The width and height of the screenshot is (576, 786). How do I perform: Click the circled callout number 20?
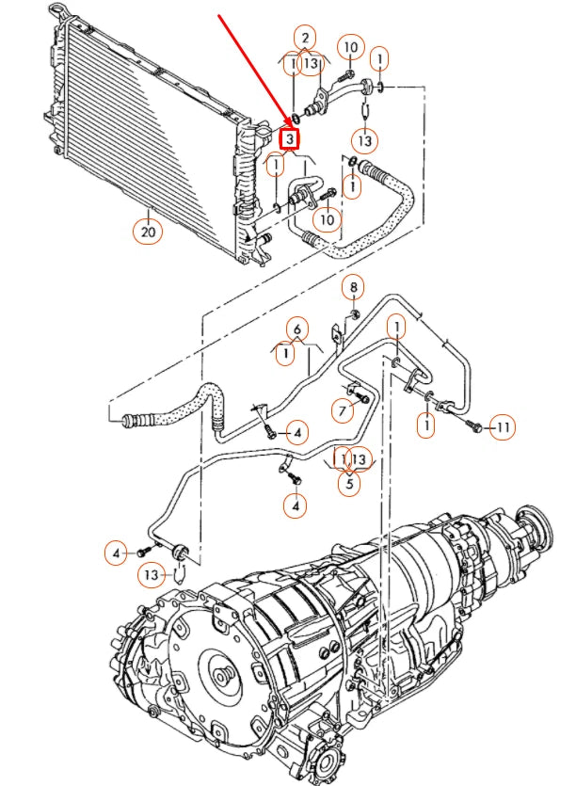(149, 230)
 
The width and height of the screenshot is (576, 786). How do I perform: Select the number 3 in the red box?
(290, 140)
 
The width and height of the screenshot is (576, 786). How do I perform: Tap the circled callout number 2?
(304, 39)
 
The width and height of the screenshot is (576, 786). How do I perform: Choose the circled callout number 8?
(354, 286)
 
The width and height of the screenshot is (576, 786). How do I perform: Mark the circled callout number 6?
(296, 329)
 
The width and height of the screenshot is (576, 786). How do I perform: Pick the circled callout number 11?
(503, 428)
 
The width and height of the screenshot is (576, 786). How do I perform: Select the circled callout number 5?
(349, 484)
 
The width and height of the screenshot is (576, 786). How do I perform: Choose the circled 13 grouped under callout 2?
(313, 64)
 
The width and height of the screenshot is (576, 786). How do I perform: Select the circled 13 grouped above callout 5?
(359, 458)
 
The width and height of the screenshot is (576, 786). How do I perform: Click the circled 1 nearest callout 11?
(428, 426)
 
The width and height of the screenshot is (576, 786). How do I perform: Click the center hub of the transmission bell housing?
(221, 676)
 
